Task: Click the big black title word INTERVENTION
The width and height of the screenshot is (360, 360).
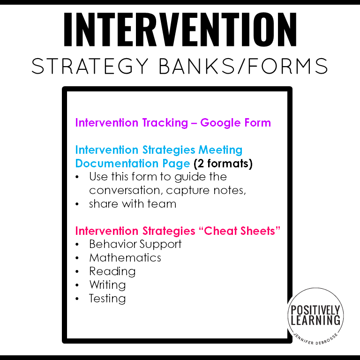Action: (180, 30)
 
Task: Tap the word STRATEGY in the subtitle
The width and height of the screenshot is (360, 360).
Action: (90, 66)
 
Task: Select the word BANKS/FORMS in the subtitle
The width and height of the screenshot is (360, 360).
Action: (243, 66)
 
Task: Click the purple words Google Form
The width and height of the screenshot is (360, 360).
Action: (236, 123)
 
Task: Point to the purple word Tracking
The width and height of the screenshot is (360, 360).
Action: (165, 123)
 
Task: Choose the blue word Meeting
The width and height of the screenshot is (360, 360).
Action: (220, 150)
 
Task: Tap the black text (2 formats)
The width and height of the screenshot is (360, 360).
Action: (223, 164)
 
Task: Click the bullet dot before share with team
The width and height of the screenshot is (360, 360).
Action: (77, 204)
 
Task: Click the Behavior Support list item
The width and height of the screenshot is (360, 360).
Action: (135, 244)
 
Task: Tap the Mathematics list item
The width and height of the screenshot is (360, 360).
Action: (125, 258)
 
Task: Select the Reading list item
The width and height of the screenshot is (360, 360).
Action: (112, 271)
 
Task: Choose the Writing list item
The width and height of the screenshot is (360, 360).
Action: (107, 285)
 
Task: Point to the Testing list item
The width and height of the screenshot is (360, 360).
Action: (107, 299)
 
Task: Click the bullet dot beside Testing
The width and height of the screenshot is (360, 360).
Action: (77, 299)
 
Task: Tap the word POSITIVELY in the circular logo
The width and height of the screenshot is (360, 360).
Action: (315, 310)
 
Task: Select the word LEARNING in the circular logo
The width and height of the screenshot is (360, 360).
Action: (315, 321)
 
